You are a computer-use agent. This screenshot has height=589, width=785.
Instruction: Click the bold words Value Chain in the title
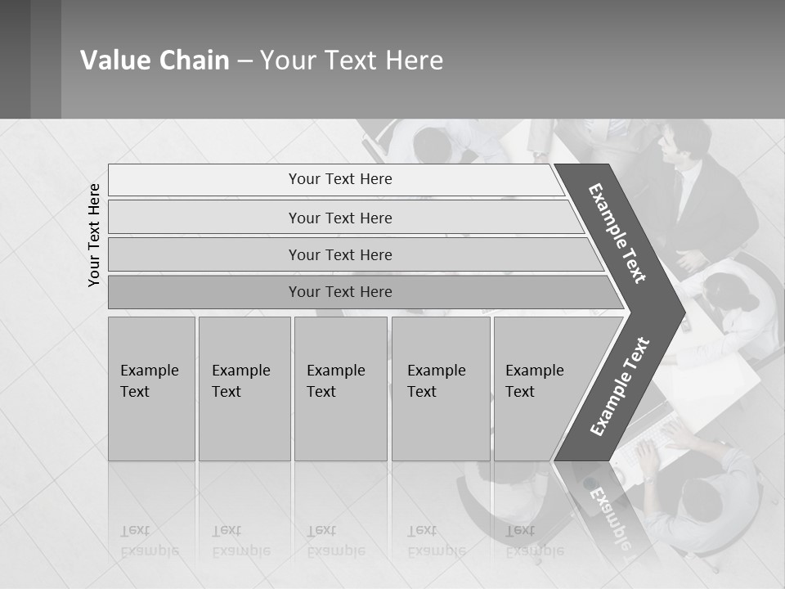point(155,61)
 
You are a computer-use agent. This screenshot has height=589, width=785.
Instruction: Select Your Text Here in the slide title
point(352,61)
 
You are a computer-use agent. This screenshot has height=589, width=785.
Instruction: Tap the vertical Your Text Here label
point(94,235)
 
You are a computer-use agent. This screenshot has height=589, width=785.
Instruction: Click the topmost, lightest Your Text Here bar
point(339,179)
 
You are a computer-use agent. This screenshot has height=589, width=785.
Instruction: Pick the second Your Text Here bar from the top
point(339,218)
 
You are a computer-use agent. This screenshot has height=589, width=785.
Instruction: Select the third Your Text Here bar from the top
point(339,254)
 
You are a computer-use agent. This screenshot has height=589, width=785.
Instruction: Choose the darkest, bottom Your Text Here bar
point(339,292)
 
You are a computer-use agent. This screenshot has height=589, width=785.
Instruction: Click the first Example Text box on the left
point(151,389)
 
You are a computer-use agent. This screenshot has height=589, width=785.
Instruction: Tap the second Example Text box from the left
point(244,389)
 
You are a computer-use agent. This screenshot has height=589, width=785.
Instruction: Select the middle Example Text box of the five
point(340,389)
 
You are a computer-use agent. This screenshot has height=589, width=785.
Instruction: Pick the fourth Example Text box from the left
point(441,389)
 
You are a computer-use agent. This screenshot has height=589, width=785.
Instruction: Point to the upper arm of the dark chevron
point(618,233)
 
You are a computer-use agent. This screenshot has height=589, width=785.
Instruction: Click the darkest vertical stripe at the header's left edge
point(15,59)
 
